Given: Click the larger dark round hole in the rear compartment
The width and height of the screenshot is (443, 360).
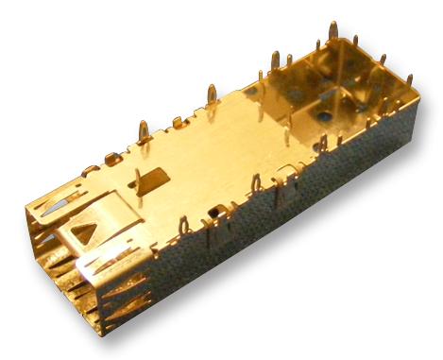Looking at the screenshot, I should (x=326, y=117).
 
